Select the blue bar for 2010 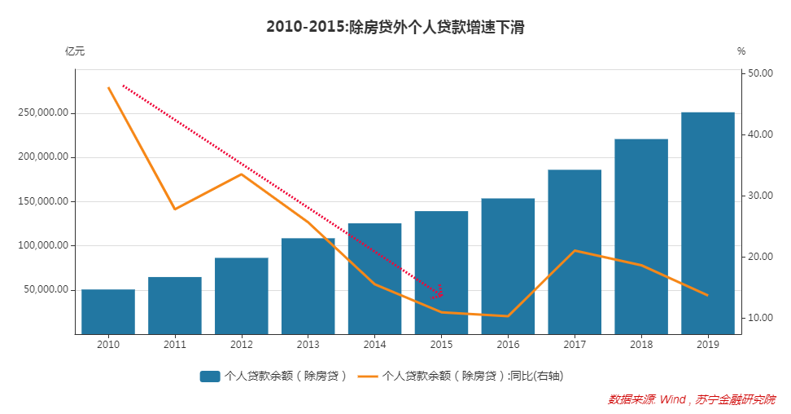(x=108, y=311)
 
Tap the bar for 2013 (x=308, y=286)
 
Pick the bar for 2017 (x=575, y=252)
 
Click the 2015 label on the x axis (x=441, y=345)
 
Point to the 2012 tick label (x=242, y=345)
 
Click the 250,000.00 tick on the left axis (x=42, y=113)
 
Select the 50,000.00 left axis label (x=44, y=289)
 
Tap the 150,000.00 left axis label (x=42, y=201)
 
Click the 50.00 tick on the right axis (x=760, y=73)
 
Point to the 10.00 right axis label (x=760, y=318)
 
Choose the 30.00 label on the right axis (x=760, y=196)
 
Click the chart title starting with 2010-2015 (x=395, y=27)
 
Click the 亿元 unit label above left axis (x=75, y=51)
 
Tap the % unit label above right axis (x=741, y=51)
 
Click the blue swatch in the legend (x=210, y=376)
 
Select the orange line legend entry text (x=473, y=376)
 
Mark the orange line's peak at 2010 (x=108, y=87)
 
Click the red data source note (x=692, y=399)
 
